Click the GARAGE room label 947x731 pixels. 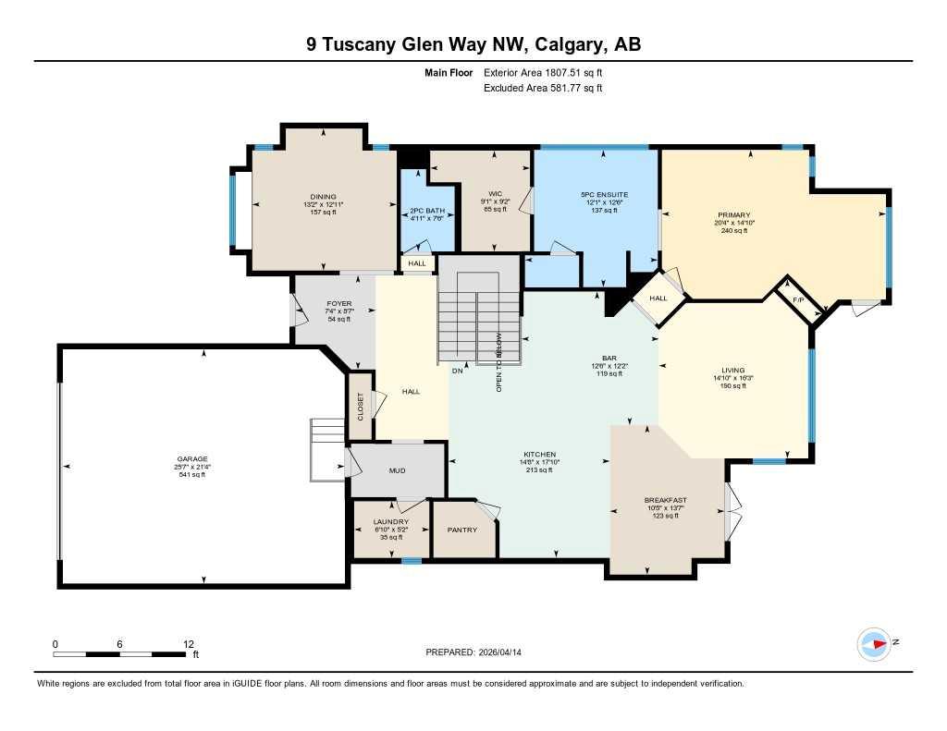[x=193, y=459]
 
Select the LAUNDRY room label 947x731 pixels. [x=391, y=522]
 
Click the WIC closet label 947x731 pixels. [x=495, y=194]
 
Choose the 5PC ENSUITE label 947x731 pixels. [x=604, y=195]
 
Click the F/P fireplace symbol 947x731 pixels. [x=799, y=299]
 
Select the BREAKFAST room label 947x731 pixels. [x=665, y=501]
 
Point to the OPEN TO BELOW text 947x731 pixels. [x=499, y=363]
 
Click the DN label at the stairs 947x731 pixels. [x=457, y=372]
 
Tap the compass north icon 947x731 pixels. [x=874, y=643]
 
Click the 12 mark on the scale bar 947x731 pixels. [x=189, y=644]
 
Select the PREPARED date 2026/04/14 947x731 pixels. [x=479, y=652]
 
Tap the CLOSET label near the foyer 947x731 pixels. [x=361, y=406]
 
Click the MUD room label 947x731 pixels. [x=397, y=471]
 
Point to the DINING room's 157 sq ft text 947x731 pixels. [x=323, y=212]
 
